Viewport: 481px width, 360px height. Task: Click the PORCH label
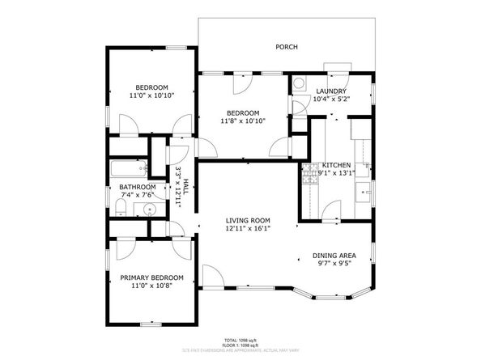(286, 47)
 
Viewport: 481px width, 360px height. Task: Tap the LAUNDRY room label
(330, 91)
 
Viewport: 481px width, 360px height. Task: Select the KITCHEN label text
(336, 164)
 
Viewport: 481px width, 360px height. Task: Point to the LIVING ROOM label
(248, 220)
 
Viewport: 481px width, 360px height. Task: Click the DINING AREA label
(334, 256)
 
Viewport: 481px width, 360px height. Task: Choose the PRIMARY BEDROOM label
(151, 277)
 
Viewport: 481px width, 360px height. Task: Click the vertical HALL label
(185, 186)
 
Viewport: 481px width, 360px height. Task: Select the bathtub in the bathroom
(128, 169)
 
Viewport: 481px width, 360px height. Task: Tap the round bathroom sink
(149, 210)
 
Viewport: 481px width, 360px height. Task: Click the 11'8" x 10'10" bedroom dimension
(243, 121)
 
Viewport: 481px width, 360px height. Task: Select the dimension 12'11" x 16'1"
(248, 228)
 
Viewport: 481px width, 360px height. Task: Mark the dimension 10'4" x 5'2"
(330, 100)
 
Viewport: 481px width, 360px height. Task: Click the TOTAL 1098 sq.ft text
(241, 340)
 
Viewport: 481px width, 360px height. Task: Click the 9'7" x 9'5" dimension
(334, 264)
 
